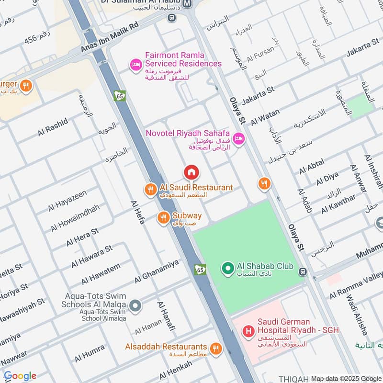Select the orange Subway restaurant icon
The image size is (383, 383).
[163, 218]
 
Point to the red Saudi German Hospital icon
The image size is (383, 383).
[248, 331]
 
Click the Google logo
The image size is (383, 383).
[20, 376]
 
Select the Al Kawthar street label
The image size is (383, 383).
[338, 204]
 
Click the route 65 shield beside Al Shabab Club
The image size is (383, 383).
[200, 270]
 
